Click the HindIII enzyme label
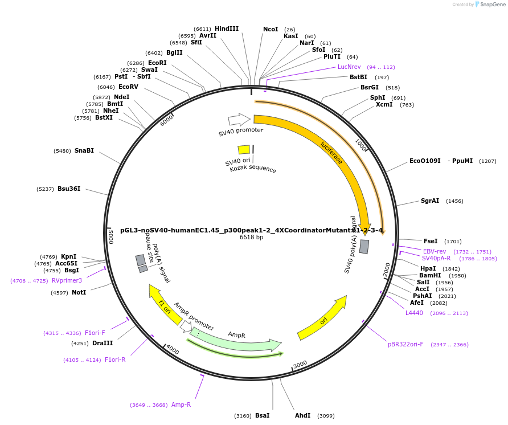click(x=227, y=28)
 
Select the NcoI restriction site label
click(x=271, y=29)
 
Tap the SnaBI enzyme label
click(x=84, y=151)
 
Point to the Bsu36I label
click(x=69, y=189)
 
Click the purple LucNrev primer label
click(x=349, y=67)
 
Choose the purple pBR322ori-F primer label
click(x=405, y=344)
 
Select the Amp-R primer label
click(x=181, y=404)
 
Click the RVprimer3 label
click(x=67, y=280)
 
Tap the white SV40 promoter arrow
click(x=239, y=120)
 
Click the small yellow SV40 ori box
click(x=244, y=149)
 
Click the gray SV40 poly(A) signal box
click(x=364, y=247)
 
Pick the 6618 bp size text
click(x=251, y=237)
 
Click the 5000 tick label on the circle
click(x=110, y=236)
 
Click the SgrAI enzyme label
click(x=430, y=201)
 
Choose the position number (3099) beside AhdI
click(x=325, y=416)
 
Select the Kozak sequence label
click(x=253, y=169)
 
